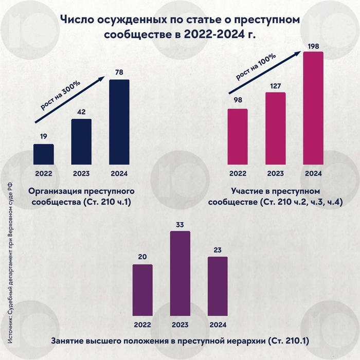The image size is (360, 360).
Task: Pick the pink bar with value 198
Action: point(313,108)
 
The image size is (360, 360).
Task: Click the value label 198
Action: point(313,46)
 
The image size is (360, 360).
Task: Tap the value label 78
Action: point(119,74)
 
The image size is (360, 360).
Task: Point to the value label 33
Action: point(180,225)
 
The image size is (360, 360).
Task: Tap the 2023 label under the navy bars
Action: point(81,173)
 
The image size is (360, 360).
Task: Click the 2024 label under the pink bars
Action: point(313,173)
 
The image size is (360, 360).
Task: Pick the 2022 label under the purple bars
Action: point(142,325)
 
